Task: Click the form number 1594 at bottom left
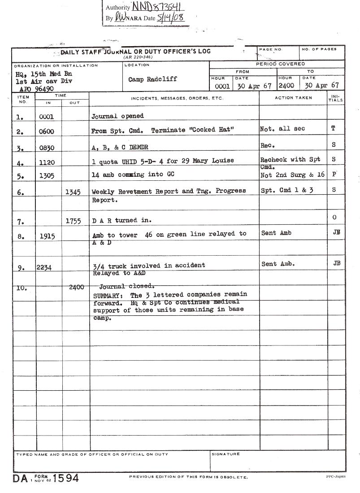[x=66, y=478]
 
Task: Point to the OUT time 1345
[x=73, y=192]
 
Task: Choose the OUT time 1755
[x=73, y=221]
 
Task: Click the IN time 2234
[x=44, y=268]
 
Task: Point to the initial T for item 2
[x=333, y=128]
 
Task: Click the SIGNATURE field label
[x=226, y=454]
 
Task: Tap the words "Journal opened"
[x=117, y=116]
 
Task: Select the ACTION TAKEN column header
[x=293, y=98]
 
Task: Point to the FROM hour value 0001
[x=222, y=86]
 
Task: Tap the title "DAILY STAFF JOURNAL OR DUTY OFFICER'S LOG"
[x=135, y=52]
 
